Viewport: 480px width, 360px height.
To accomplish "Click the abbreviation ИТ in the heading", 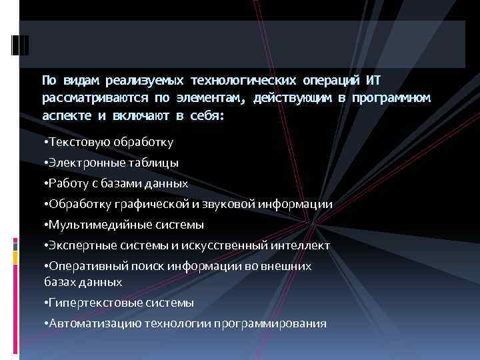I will click(373, 81).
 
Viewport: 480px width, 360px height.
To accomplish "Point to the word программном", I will click(393, 98).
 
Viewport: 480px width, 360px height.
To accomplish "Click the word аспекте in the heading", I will click(66, 115).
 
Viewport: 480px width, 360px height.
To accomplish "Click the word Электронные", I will click(81, 162).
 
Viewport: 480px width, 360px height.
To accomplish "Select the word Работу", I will click(66, 183).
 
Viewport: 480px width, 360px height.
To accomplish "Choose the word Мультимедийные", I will click(91, 225).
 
